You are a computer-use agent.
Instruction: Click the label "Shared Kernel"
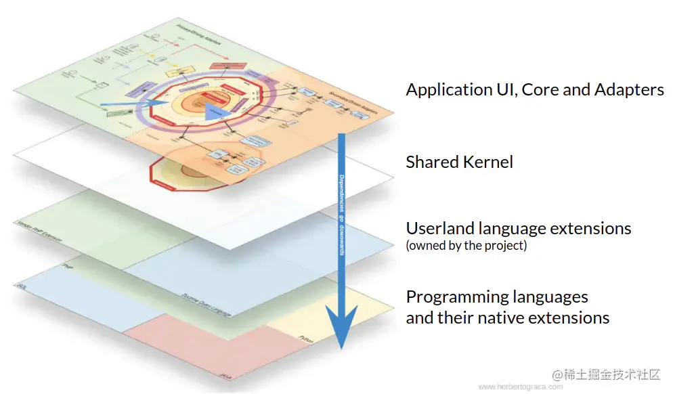tap(459, 162)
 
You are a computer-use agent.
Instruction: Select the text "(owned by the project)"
tap(466, 245)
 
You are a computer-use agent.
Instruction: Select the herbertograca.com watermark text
tap(520, 387)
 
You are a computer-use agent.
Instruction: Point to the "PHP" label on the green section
tap(67, 268)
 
